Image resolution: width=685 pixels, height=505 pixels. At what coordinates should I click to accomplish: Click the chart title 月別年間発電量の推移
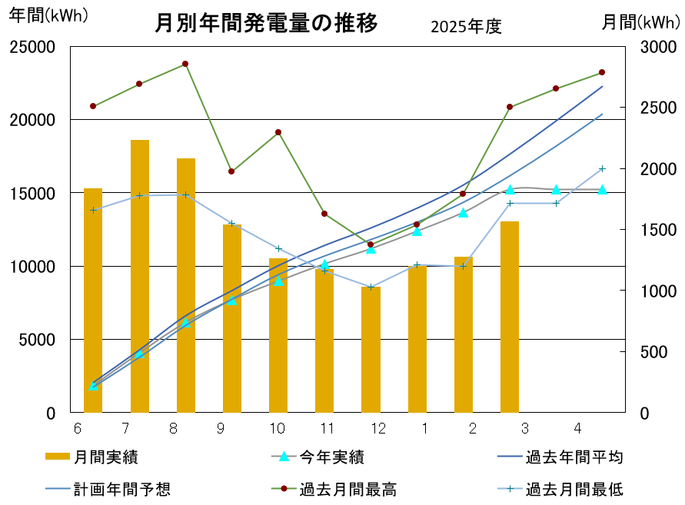266,23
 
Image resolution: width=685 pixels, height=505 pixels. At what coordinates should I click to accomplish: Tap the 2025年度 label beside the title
466,27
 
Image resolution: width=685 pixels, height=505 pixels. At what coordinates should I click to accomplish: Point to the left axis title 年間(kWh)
48,15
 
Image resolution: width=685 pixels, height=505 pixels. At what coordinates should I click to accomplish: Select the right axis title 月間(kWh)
641,22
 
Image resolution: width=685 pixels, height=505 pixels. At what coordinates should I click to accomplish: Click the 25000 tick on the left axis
32,47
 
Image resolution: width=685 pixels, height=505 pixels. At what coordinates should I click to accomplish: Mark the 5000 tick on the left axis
37,340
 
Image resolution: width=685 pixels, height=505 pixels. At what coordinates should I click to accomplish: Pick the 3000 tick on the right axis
658,47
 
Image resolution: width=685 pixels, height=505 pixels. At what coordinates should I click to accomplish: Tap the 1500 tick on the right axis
658,230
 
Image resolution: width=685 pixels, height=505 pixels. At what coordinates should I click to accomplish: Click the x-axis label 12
378,428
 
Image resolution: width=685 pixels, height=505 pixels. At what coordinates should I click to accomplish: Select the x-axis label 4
577,428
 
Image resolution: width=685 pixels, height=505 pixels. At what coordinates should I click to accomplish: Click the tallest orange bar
140,276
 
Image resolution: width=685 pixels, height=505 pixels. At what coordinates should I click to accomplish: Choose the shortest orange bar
371,350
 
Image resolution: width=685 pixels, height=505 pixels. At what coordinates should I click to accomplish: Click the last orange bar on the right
510,317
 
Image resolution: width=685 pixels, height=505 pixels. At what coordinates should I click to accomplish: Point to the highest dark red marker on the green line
185,64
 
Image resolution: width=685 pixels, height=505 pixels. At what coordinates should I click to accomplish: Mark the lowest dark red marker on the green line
371,244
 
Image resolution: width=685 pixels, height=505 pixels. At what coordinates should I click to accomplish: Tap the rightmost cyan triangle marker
602,190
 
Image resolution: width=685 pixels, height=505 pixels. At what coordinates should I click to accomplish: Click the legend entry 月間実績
91,457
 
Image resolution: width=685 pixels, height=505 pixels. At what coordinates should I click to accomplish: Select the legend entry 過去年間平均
560,457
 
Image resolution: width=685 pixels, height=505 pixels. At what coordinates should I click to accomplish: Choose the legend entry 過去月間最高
334,490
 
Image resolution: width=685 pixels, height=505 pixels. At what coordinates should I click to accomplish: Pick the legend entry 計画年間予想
108,490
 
